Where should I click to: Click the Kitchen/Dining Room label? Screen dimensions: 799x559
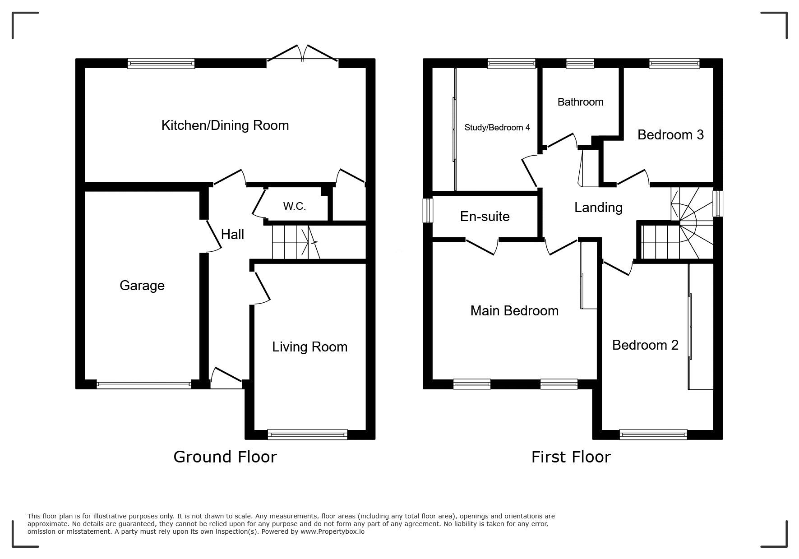225,125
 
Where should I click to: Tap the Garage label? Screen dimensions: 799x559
142,286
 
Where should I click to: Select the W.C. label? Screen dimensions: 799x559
295,206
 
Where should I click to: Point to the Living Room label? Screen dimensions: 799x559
309,347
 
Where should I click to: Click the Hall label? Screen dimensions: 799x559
232,234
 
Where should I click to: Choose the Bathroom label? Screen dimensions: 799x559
580,102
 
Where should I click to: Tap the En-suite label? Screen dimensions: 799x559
485,217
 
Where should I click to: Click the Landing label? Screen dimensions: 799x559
598,208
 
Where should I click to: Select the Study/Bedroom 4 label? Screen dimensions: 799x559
497,128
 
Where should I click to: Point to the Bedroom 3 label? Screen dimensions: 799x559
670,135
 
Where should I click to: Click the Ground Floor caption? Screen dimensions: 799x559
225,457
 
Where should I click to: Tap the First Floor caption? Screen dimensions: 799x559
571,457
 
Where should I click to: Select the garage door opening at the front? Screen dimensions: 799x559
144,385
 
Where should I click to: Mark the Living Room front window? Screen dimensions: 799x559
307,435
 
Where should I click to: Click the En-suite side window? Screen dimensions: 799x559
428,210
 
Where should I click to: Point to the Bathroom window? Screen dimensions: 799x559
580,64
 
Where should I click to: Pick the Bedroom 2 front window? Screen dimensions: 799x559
653,435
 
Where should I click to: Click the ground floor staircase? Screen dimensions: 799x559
296,242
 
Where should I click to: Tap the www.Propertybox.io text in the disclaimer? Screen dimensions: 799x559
333,531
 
